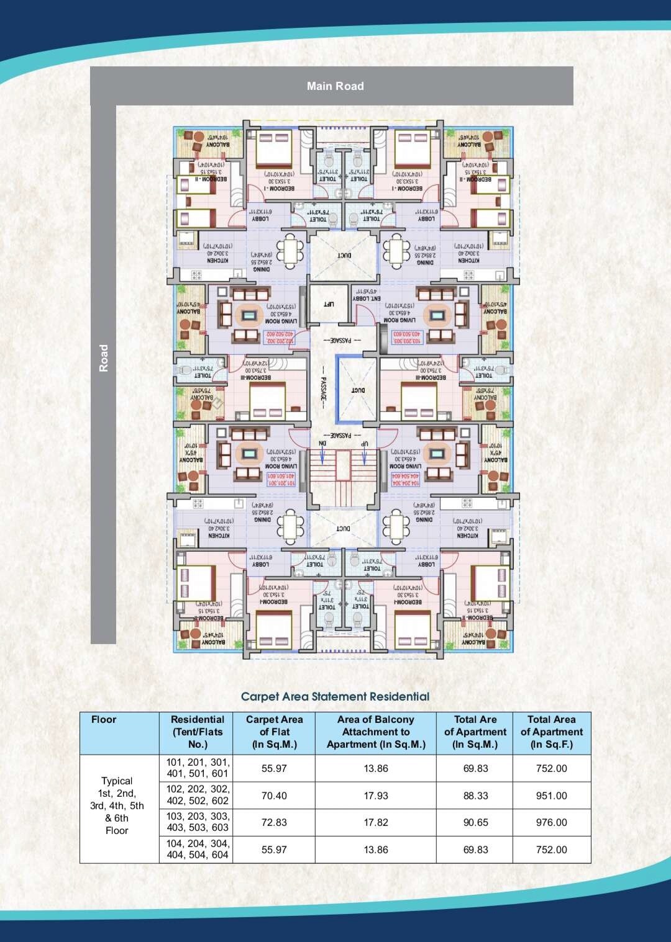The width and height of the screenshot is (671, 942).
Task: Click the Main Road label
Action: (x=335, y=86)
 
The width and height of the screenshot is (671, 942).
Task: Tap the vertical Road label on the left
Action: (x=104, y=358)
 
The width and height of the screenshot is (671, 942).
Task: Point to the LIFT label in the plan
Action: (x=329, y=304)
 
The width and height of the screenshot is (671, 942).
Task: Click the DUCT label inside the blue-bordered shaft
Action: (x=358, y=390)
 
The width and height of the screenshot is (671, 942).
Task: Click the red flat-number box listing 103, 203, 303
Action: (x=407, y=337)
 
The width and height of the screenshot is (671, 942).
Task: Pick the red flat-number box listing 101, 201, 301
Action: (x=281, y=479)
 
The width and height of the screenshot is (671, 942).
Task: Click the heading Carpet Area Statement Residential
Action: (x=335, y=696)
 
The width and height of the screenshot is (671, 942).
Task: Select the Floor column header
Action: (x=104, y=720)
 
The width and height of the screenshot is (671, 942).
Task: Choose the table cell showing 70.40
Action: (x=274, y=796)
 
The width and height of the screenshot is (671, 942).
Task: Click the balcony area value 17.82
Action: (x=376, y=822)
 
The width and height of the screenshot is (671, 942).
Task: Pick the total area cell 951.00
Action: (x=551, y=796)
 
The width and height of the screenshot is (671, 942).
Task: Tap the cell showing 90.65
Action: (x=475, y=822)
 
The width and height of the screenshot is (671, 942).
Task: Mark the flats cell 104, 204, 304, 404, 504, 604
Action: (x=198, y=849)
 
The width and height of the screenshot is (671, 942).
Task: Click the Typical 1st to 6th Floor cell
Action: (x=117, y=805)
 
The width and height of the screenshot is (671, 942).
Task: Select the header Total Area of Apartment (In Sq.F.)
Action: (x=551, y=732)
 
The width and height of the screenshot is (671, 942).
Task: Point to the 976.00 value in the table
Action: (x=551, y=822)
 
